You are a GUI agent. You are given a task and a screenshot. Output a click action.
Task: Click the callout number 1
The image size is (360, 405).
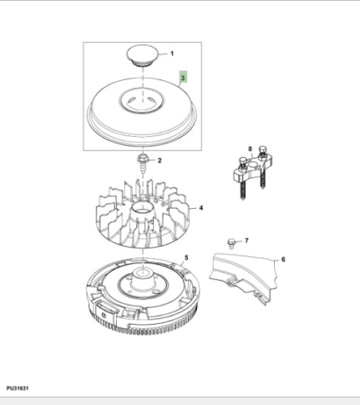(x=171, y=53)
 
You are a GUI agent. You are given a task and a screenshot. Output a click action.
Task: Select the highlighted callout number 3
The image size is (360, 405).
(x=184, y=79)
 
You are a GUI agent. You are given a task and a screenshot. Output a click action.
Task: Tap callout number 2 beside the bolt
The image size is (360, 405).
(x=160, y=160)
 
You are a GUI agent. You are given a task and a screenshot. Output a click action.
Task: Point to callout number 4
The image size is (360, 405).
(x=201, y=207)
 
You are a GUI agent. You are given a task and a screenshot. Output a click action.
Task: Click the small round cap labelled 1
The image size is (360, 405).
(x=143, y=56)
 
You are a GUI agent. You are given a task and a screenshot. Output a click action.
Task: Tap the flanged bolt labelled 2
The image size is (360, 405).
(x=143, y=160)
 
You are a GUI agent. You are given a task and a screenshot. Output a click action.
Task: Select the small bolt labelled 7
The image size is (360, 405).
(x=232, y=241)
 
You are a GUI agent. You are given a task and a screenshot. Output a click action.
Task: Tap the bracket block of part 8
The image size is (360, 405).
(x=251, y=170)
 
